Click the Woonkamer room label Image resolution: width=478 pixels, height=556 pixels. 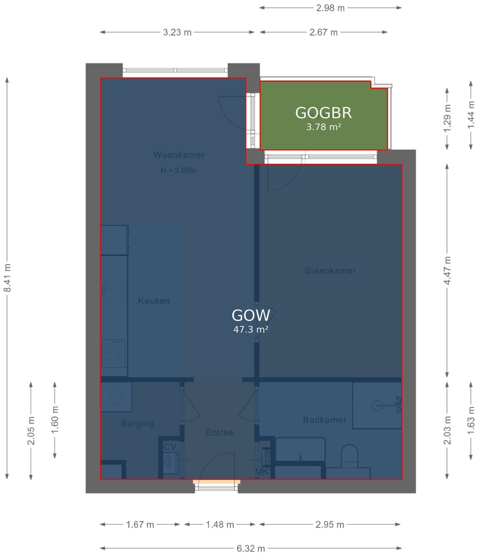(x=179, y=155)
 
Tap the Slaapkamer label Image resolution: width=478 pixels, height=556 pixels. (x=330, y=270)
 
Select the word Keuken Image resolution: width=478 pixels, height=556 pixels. (x=154, y=301)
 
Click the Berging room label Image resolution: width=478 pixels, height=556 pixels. (x=138, y=423)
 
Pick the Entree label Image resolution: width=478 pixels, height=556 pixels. (x=219, y=432)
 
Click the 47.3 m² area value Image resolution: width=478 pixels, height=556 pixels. (x=251, y=329)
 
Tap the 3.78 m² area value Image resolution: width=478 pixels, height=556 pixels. (x=324, y=127)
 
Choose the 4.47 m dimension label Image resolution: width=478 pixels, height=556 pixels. (x=447, y=270)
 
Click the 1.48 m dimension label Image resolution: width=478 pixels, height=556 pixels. (x=220, y=524)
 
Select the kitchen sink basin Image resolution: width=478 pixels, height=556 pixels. (x=115, y=290)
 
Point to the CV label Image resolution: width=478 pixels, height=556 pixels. (x=170, y=447)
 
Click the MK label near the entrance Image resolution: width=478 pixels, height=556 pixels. (x=262, y=471)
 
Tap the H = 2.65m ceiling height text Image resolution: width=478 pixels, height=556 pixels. (x=178, y=170)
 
